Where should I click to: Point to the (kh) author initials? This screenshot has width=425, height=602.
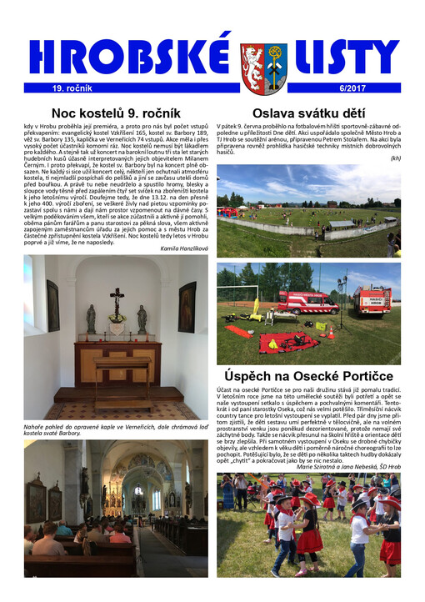[x=395, y=158]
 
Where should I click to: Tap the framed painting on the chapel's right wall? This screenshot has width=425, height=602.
[x=186, y=306]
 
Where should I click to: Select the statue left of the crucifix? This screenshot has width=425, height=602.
[x=91, y=319]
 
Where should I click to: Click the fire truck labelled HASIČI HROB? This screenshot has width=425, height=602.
[x=373, y=300]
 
